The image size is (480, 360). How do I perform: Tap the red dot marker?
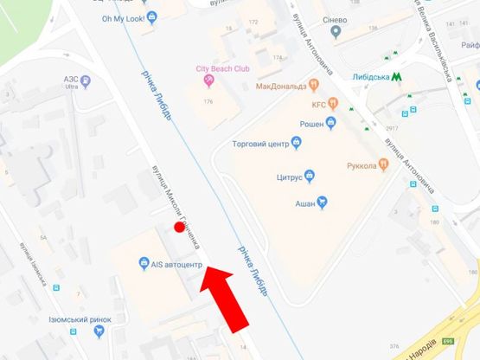click(179, 228)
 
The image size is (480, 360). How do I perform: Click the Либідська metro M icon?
click(396, 76)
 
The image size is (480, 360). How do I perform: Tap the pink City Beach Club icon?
click(208, 80)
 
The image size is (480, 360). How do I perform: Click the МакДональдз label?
click(282, 86)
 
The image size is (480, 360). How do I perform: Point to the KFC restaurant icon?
click(329, 106)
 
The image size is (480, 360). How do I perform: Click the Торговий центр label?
click(259, 144)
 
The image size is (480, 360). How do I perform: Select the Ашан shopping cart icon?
click(322, 202)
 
